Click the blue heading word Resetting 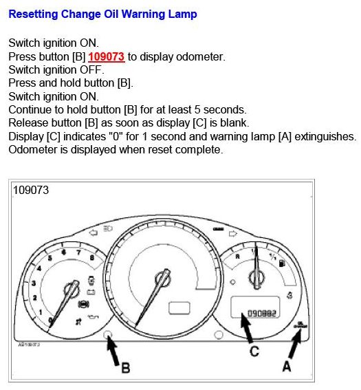point(35,14)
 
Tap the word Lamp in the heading point(182,14)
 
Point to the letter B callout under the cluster point(126,368)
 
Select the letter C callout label point(254,351)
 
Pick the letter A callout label point(287,367)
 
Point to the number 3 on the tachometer point(33,283)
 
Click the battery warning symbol point(91,291)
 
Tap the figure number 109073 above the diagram point(30,190)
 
